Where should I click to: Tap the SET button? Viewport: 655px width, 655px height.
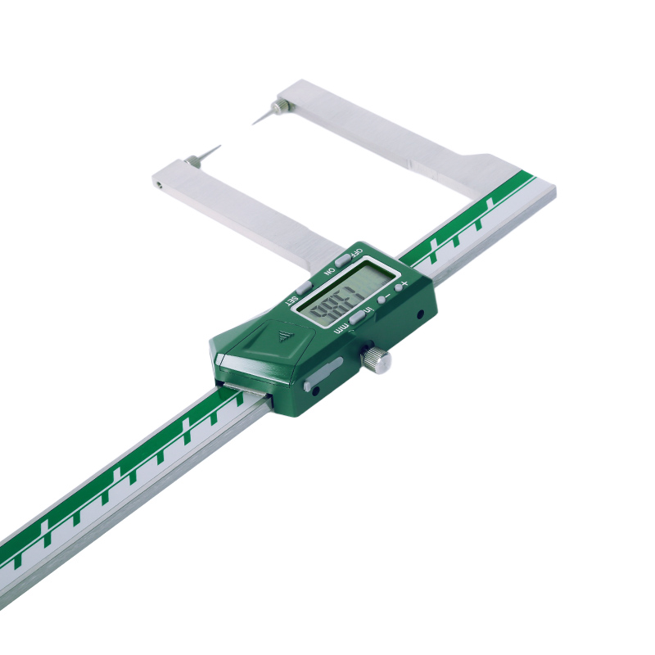pos(304,287)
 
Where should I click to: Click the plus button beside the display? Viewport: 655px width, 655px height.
pos(399,287)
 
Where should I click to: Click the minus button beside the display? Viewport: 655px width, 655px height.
pos(382,300)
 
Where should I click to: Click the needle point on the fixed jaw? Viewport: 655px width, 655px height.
pos(255,123)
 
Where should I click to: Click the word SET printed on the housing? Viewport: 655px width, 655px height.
pos(291,300)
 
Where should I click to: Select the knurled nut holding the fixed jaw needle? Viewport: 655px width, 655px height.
pos(281,106)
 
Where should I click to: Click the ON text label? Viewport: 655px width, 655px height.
pos(329,271)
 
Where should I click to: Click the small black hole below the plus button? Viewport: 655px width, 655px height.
pos(419,314)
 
